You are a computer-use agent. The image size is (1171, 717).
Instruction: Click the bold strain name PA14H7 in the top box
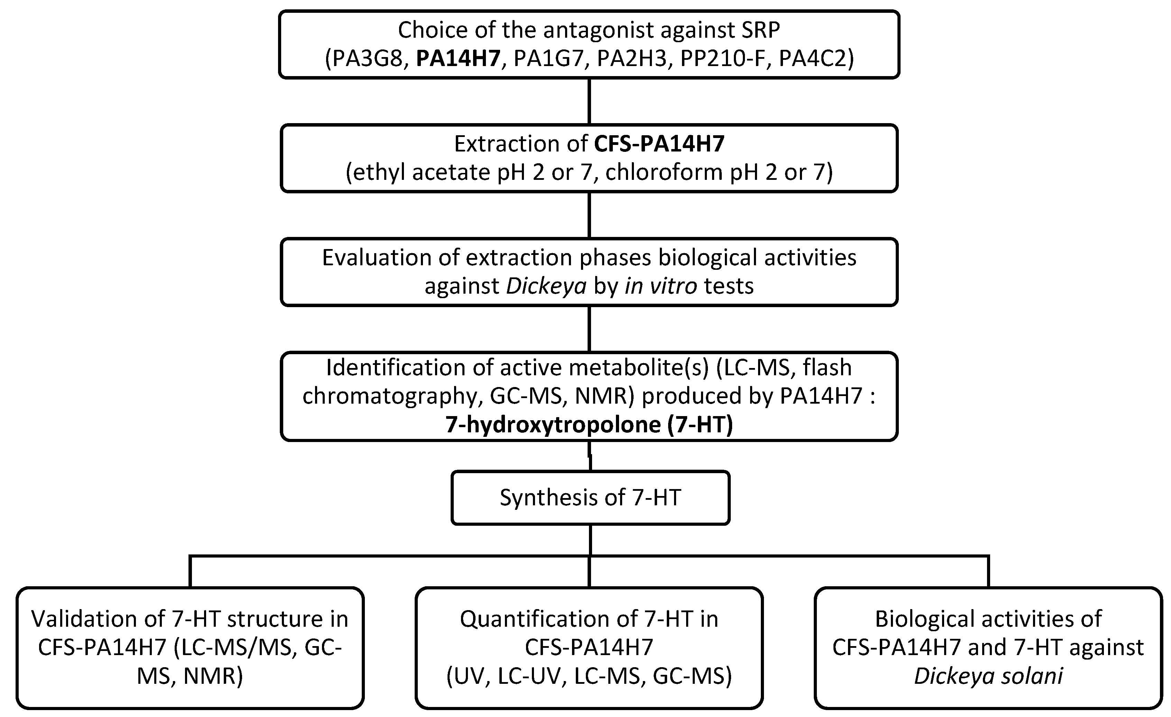coord(458,59)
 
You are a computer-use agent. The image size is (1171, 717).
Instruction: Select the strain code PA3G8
coord(365,59)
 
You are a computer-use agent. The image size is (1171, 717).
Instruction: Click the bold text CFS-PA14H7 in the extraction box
coord(660,144)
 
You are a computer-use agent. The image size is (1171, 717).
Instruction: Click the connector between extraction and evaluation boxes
coord(589,215)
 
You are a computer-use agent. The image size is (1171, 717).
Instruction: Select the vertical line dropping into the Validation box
coord(190,572)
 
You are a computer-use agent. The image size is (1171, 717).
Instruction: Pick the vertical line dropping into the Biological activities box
coord(988,572)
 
